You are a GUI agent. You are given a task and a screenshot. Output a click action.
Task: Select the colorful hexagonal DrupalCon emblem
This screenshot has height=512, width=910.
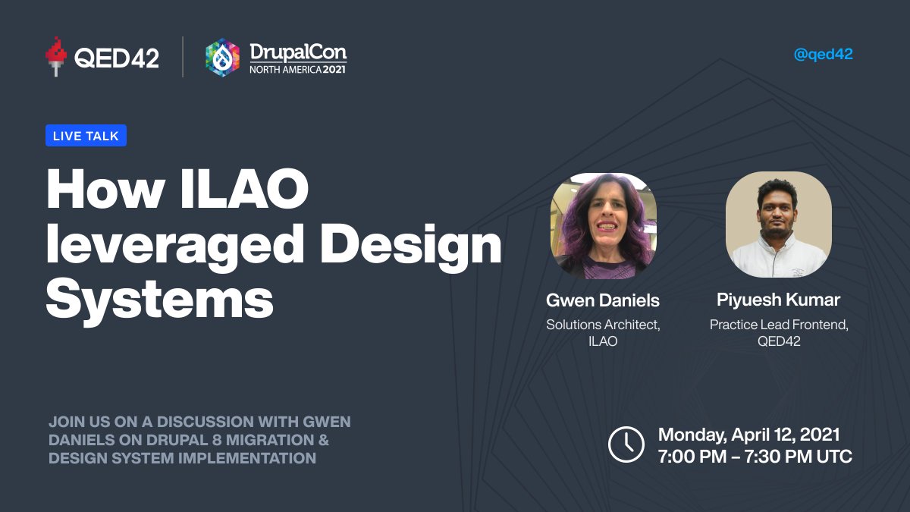[222, 58]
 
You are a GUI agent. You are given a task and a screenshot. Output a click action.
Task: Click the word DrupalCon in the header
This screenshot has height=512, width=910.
[298, 52]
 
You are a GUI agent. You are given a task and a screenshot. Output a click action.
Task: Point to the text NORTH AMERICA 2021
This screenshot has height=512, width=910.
[298, 69]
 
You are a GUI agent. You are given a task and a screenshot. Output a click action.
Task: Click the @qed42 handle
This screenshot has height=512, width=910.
[823, 55]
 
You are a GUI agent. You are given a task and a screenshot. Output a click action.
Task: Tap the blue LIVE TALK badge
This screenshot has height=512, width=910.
[86, 136]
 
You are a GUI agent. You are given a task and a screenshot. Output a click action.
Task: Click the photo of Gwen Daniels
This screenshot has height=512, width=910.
[603, 226]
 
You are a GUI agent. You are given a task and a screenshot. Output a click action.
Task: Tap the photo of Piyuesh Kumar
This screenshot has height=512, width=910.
[778, 225]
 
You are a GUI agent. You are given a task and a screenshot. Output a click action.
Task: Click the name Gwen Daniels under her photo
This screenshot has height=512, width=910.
[603, 300]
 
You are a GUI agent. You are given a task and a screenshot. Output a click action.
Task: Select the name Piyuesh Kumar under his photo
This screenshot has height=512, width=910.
[779, 300]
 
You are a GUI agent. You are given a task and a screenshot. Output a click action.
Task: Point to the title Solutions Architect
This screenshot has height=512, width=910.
[603, 325]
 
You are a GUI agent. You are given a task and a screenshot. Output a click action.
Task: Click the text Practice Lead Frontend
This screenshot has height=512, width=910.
[779, 325]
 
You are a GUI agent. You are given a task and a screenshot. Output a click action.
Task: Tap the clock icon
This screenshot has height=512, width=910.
[626, 444]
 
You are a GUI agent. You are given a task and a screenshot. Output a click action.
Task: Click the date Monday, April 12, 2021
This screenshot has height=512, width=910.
[748, 435]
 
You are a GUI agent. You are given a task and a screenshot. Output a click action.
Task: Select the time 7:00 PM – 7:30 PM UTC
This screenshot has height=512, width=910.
[755, 457]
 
